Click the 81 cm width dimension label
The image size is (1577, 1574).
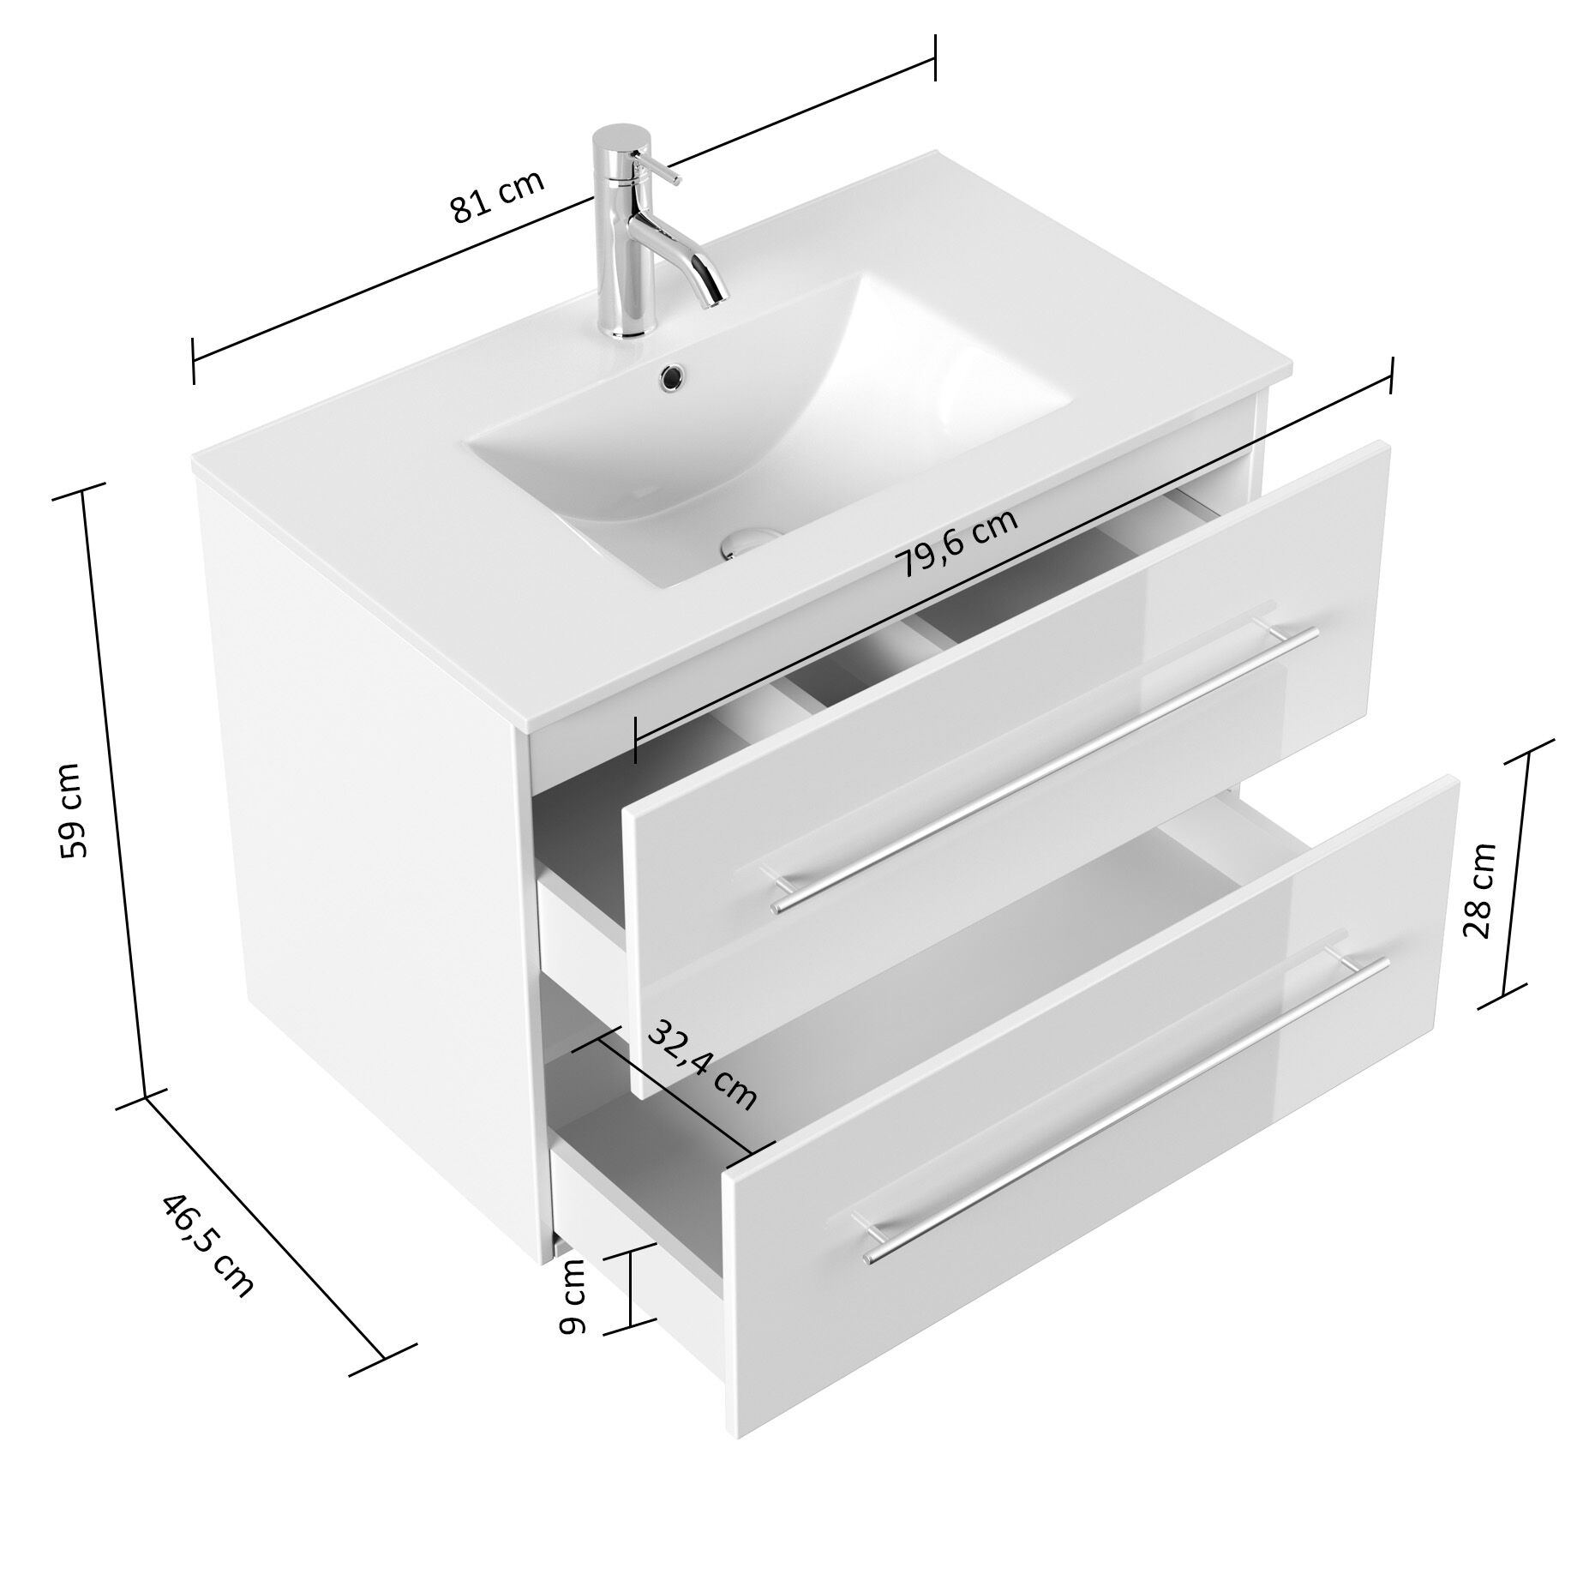click(498, 198)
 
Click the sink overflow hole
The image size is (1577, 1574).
click(671, 375)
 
